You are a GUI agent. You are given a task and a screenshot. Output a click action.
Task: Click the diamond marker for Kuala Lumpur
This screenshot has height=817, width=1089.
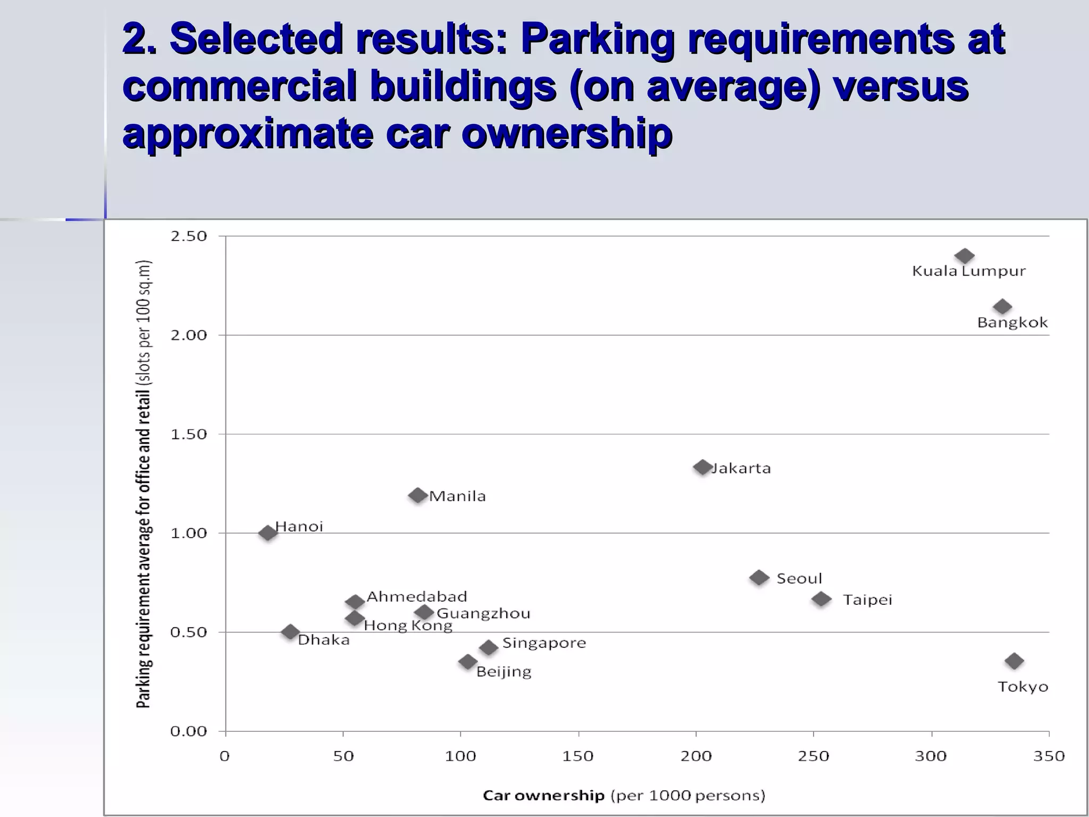(x=964, y=256)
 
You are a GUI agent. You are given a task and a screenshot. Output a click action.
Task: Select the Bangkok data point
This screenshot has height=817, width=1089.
(x=1002, y=307)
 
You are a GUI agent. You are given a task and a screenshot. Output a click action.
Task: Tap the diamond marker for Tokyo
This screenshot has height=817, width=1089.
(x=1014, y=661)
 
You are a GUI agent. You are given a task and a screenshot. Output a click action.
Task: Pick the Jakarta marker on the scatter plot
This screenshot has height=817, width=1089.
(x=702, y=467)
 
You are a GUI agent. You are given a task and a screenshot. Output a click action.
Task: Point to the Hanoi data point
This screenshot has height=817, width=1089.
(x=267, y=532)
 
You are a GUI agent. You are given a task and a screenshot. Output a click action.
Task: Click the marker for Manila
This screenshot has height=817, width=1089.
(x=418, y=495)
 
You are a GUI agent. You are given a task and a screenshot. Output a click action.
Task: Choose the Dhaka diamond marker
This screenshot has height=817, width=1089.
(x=290, y=632)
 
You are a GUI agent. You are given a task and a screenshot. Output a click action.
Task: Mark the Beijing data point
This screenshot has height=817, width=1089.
(x=467, y=662)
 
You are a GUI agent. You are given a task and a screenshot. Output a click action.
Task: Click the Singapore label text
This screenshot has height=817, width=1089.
(x=544, y=643)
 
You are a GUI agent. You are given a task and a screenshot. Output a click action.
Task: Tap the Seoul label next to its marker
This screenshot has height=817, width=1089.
(x=799, y=579)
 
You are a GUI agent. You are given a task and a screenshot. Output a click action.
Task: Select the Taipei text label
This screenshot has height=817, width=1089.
(x=867, y=600)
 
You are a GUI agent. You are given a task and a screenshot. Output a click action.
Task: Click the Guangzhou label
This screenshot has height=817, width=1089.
(x=483, y=614)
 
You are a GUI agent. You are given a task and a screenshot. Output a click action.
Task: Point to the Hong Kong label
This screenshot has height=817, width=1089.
(x=408, y=626)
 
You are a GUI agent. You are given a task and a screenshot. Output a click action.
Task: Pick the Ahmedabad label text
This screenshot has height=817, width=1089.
(x=417, y=597)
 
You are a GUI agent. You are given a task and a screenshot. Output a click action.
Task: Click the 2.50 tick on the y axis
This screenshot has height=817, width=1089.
(x=188, y=236)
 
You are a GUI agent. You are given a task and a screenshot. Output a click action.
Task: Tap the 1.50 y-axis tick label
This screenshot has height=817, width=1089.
(x=188, y=434)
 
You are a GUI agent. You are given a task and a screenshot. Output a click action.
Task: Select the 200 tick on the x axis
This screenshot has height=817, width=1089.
(x=696, y=756)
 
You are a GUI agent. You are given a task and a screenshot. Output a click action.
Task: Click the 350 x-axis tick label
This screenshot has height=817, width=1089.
(x=1049, y=756)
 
